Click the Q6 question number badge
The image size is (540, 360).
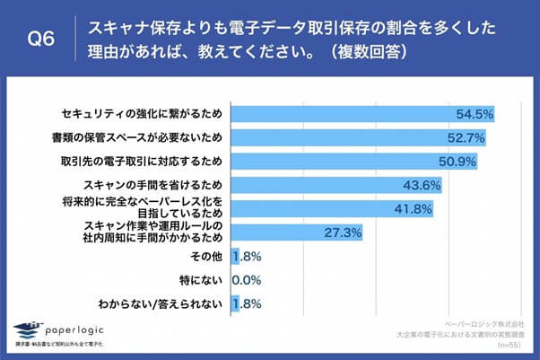click(41, 39)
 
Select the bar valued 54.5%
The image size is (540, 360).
click(363, 115)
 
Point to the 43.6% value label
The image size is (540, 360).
click(422, 185)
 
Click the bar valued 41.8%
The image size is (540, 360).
click(333, 208)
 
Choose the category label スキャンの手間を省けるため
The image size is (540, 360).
click(153, 185)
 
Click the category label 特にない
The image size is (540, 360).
click(200, 280)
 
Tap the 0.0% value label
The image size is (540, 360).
click(247, 280)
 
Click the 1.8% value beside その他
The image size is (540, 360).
click(247, 257)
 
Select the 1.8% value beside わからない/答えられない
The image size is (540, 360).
click(247, 304)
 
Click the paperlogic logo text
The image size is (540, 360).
click(78, 328)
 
